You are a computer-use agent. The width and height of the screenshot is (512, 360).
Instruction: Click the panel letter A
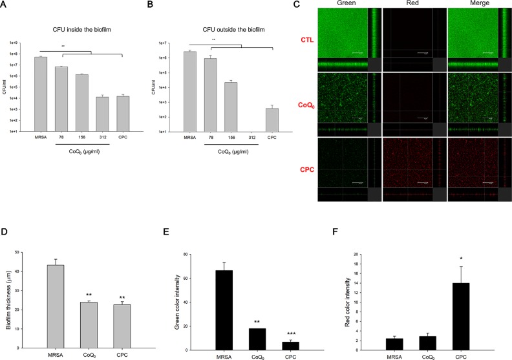coord(6,5)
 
